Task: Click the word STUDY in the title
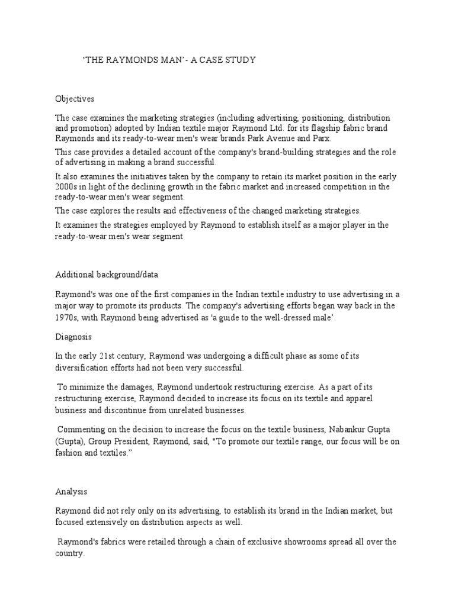click(x=241, y=60)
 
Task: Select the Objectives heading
click(x=75, y=99)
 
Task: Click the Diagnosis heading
click(x=73, y=336)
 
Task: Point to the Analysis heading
click(x=71, y=491)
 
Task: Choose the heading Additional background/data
click(x=107, y=275)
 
